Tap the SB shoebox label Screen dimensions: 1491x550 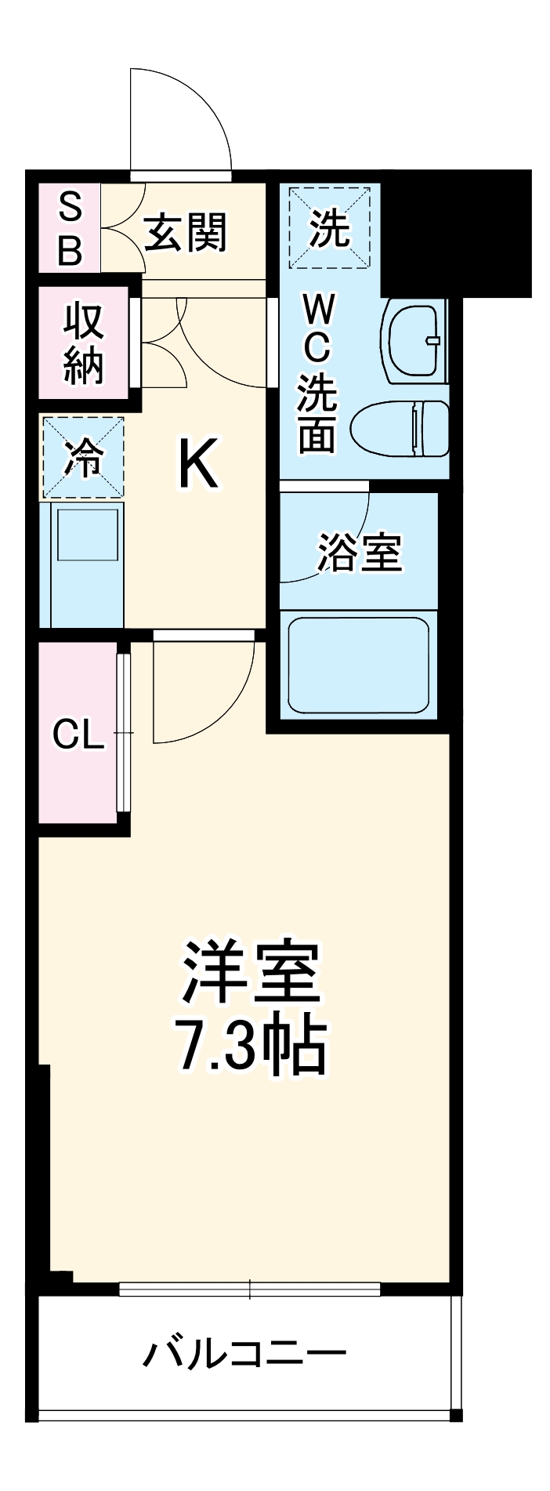(x=70, y=230)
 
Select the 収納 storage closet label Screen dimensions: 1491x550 (x=83, y=343)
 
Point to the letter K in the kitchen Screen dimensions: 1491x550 (x=197, y=464)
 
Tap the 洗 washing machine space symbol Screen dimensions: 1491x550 (x=329, y=229)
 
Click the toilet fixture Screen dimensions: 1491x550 (x=400, y=428)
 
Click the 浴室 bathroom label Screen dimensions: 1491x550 (x=360, y=553)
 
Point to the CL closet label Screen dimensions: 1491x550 (x=78, y=735)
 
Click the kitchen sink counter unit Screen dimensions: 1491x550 (x=86, y=564)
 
